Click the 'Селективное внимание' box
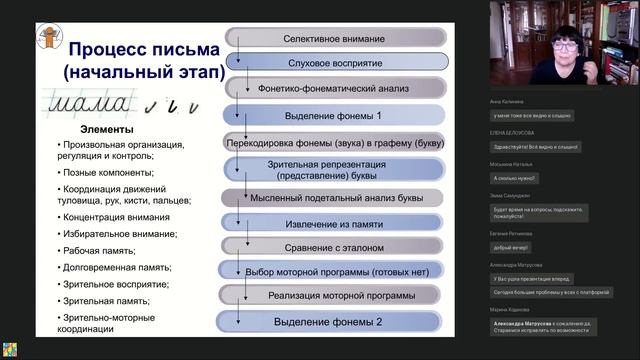point(335,36)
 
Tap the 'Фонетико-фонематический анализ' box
point(335,88)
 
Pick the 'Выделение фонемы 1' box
point(335,115)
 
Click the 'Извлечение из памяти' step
point(335,219)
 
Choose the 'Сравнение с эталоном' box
point(335,245)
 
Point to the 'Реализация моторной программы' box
point(335,296)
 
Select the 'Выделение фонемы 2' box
point(335,322)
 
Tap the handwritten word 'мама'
point(89,102)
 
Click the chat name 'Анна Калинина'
point(507,101)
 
